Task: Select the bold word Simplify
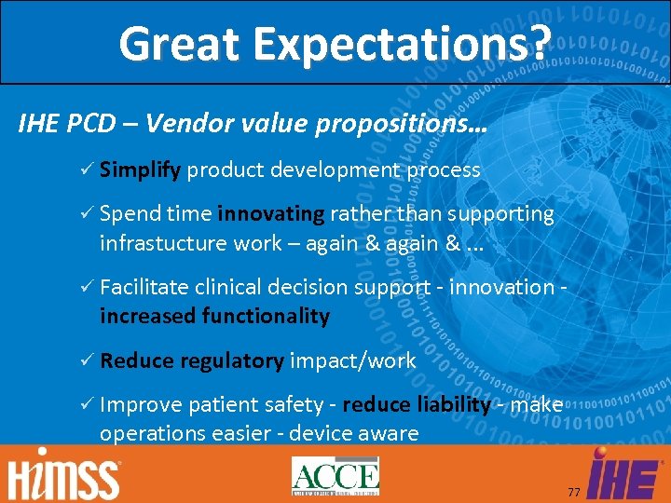pyautogui.click(x=141, y=170)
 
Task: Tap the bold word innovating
pyautogui.click(x=270, y=214)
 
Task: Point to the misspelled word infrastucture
pyautogui.click(x=163, y=243)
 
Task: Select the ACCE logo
pyautogui.click(x=335, y=476)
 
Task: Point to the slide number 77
pyautogui.click(x=573, y=491)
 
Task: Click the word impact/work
pyautogui.click(x=353, y=360)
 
